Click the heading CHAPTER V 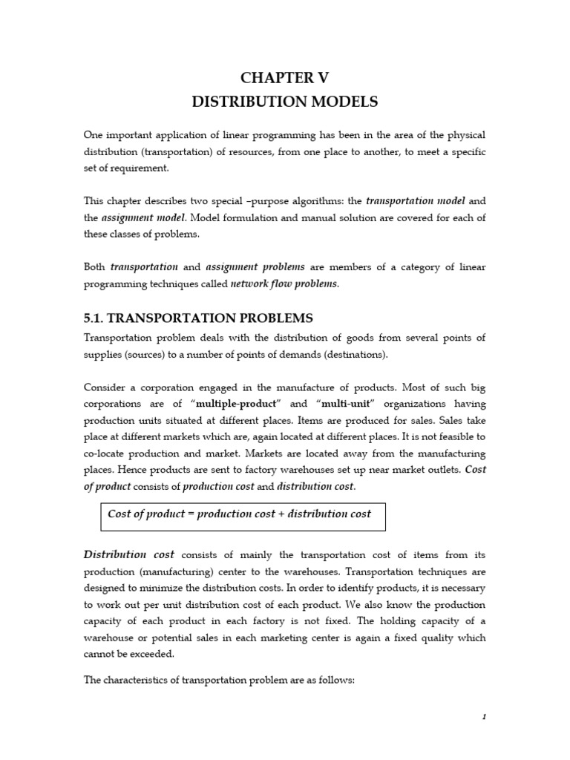tap(284, 79)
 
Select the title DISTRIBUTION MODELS tap(284, 102)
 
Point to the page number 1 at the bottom tap(483, 716)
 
